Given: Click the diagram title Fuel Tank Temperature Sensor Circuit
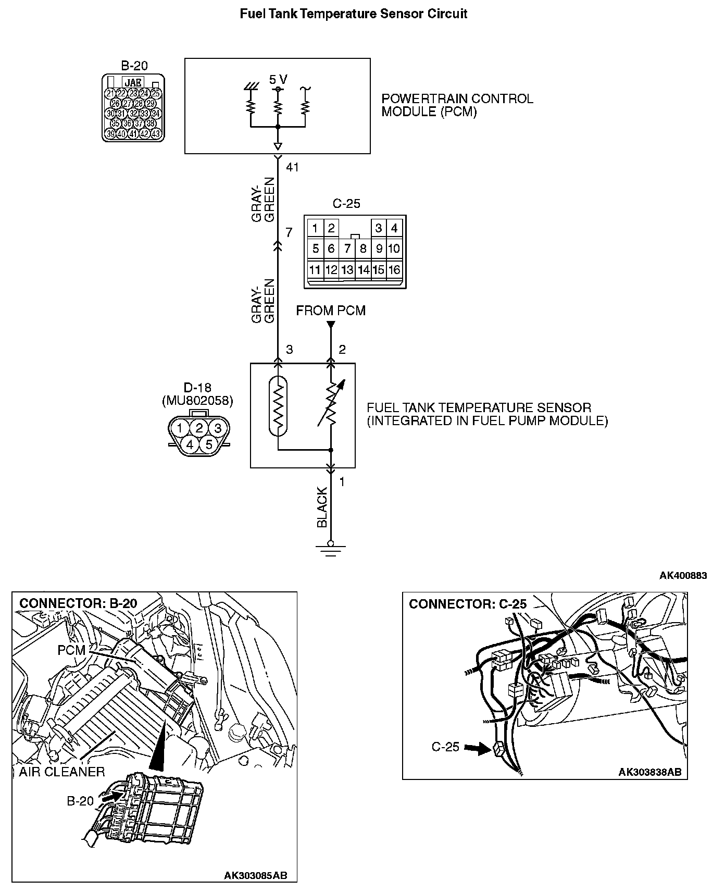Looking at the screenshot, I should click(353, 14).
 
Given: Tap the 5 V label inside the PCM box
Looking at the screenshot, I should click(278, 80).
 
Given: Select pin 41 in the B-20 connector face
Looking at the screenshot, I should click(133, 134).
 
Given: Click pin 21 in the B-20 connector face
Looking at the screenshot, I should click(110, 93).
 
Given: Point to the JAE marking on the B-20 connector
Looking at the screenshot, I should click(133, 82).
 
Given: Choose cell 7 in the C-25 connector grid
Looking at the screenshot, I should click(347, 249).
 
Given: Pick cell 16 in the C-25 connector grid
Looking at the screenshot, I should click(394, 269).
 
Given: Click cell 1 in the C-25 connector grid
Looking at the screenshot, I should click(315, 228).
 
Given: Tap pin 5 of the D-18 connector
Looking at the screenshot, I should click(209, 444).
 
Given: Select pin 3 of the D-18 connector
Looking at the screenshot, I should click(218, 428).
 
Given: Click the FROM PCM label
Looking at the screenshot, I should click(331, 311).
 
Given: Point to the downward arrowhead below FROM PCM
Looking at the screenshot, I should click(331, 326).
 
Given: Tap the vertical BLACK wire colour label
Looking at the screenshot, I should click(322, 507).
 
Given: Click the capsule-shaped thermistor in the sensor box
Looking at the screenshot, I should click(278, 405).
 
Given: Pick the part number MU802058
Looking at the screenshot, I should click(198, 401).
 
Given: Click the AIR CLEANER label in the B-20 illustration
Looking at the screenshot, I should click(61, 772).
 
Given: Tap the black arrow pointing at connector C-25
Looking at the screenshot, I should click(474, 748).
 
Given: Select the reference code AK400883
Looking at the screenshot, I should click(683, 575).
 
